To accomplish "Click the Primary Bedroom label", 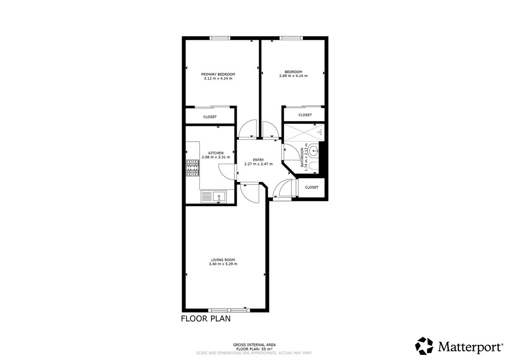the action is click(218, 74).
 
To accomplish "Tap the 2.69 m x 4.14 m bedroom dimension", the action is click(293, 76).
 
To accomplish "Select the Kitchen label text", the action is click(216, 153).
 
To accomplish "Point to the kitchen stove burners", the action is click(193, 168).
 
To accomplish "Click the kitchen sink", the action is click(219, 197).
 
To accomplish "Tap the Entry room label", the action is click(258, 160).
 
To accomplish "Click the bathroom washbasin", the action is click(314, 151).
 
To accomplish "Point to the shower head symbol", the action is click(321, 131).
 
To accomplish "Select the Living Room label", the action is click(223, 260).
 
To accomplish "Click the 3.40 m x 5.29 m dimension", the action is click(223, 264).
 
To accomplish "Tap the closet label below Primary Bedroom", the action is click(210, 117).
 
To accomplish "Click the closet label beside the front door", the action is click(311, 187).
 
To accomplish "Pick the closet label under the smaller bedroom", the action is click(305, 115).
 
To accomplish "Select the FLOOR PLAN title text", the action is click(206, 319).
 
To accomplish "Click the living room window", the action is click(229, 310).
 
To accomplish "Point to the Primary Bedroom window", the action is click(220, 38).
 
